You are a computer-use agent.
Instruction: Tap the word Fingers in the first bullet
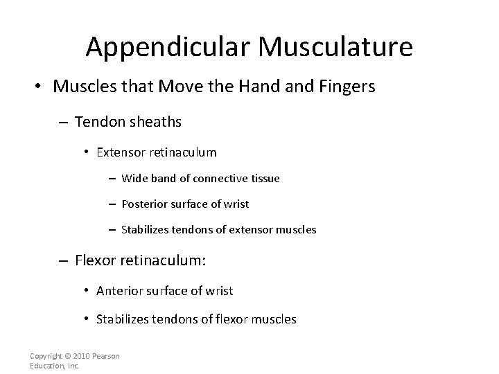(347, 88)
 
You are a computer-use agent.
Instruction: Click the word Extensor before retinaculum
(122, 152)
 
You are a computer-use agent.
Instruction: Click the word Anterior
(120, 291)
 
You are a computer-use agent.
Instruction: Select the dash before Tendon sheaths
(62, 123)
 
